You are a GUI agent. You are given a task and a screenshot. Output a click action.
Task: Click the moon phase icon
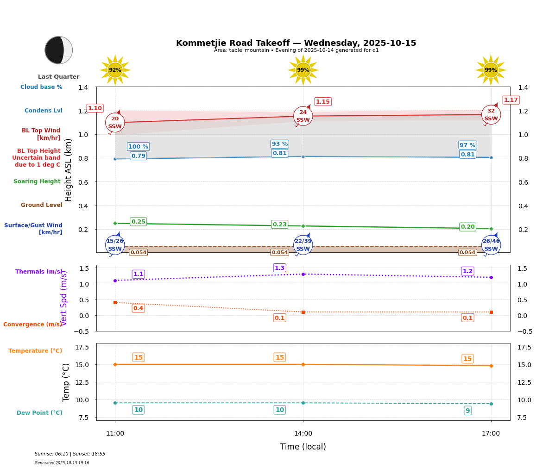tap(59, 50)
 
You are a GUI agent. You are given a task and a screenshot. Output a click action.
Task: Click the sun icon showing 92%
tap(115, 70)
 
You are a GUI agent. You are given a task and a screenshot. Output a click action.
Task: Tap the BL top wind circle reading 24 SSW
tap(303, 116)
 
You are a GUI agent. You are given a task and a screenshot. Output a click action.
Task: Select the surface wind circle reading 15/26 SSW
tap(115, 245)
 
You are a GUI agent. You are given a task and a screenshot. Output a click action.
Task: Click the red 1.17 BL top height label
tap(511, 100)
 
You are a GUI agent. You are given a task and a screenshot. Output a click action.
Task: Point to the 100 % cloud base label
tap(138, 147)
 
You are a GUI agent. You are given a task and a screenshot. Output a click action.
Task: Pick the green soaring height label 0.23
tap(280, 225)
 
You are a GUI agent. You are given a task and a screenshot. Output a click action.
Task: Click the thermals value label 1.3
tap(279, 268)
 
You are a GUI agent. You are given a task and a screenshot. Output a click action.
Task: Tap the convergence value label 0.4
tap(138, 308)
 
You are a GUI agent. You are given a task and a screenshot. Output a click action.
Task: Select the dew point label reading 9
tap(467, 411)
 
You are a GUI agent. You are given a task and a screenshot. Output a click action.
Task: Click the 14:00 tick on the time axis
tap(303, 434)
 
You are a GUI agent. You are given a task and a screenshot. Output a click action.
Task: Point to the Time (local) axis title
tap(303, 447)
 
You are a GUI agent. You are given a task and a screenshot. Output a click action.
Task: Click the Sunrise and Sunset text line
tap(70, 454)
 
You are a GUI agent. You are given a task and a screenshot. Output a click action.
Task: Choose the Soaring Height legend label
tap(37, 181)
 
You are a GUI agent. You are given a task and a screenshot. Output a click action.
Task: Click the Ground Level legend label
tap(41, 205)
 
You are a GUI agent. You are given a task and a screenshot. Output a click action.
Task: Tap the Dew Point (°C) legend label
tap(39, 413)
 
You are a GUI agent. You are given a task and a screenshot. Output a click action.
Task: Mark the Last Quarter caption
tap(59, 77)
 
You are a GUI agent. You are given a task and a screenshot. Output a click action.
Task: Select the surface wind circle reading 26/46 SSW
tap(491, 245)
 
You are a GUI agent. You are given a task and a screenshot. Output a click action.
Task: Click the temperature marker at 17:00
tap(491, 366)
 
